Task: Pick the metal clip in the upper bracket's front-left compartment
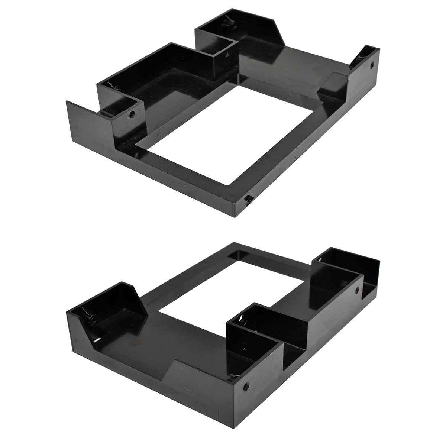(111, 86)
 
